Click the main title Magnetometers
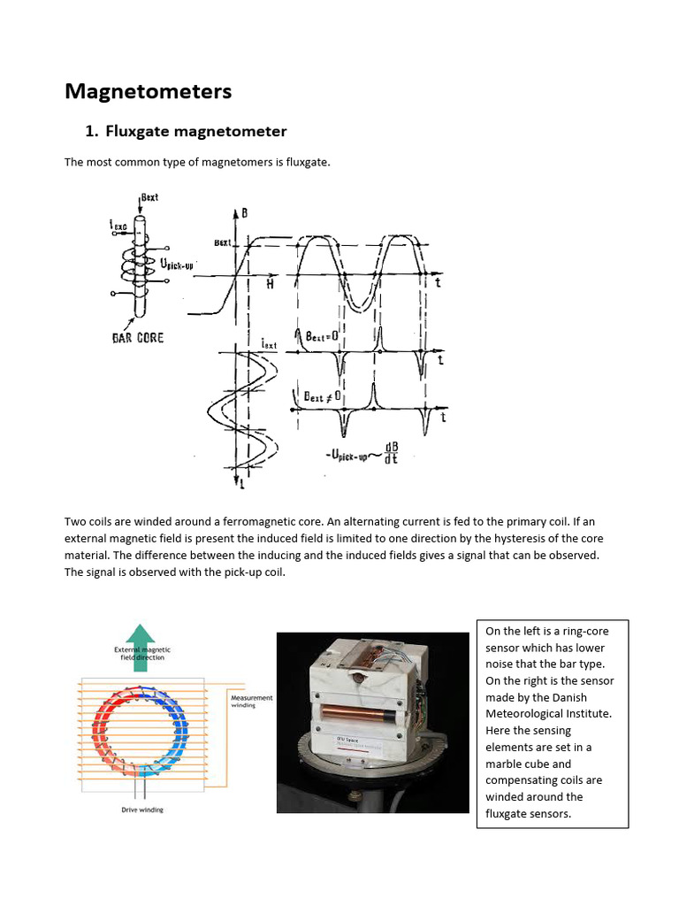(x=149, y=91)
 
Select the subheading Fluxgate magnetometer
(x=195, y=132)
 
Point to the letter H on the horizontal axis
(x=271, y=284)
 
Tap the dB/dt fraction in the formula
(x=388, y=453)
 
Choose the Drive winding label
(x=141, y=810)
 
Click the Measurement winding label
(x=252, y=702)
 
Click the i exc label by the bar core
(x=119, y=226)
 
